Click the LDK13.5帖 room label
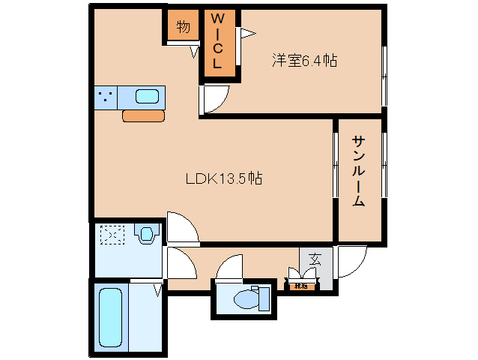tap(224, 179)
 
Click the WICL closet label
tap(217, 42)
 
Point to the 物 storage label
tap(183, 27)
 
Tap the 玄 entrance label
tap(315, 259)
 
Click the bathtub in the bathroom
tap(113, 318)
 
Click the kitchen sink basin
tap(148, 97)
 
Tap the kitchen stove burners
tap(106, 97)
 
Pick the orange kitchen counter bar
tap(143, 115)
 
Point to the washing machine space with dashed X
tap(112, 236)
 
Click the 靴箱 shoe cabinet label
tap(301, 285)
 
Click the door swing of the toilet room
tap(231, 267)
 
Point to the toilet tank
tap(263, 298)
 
